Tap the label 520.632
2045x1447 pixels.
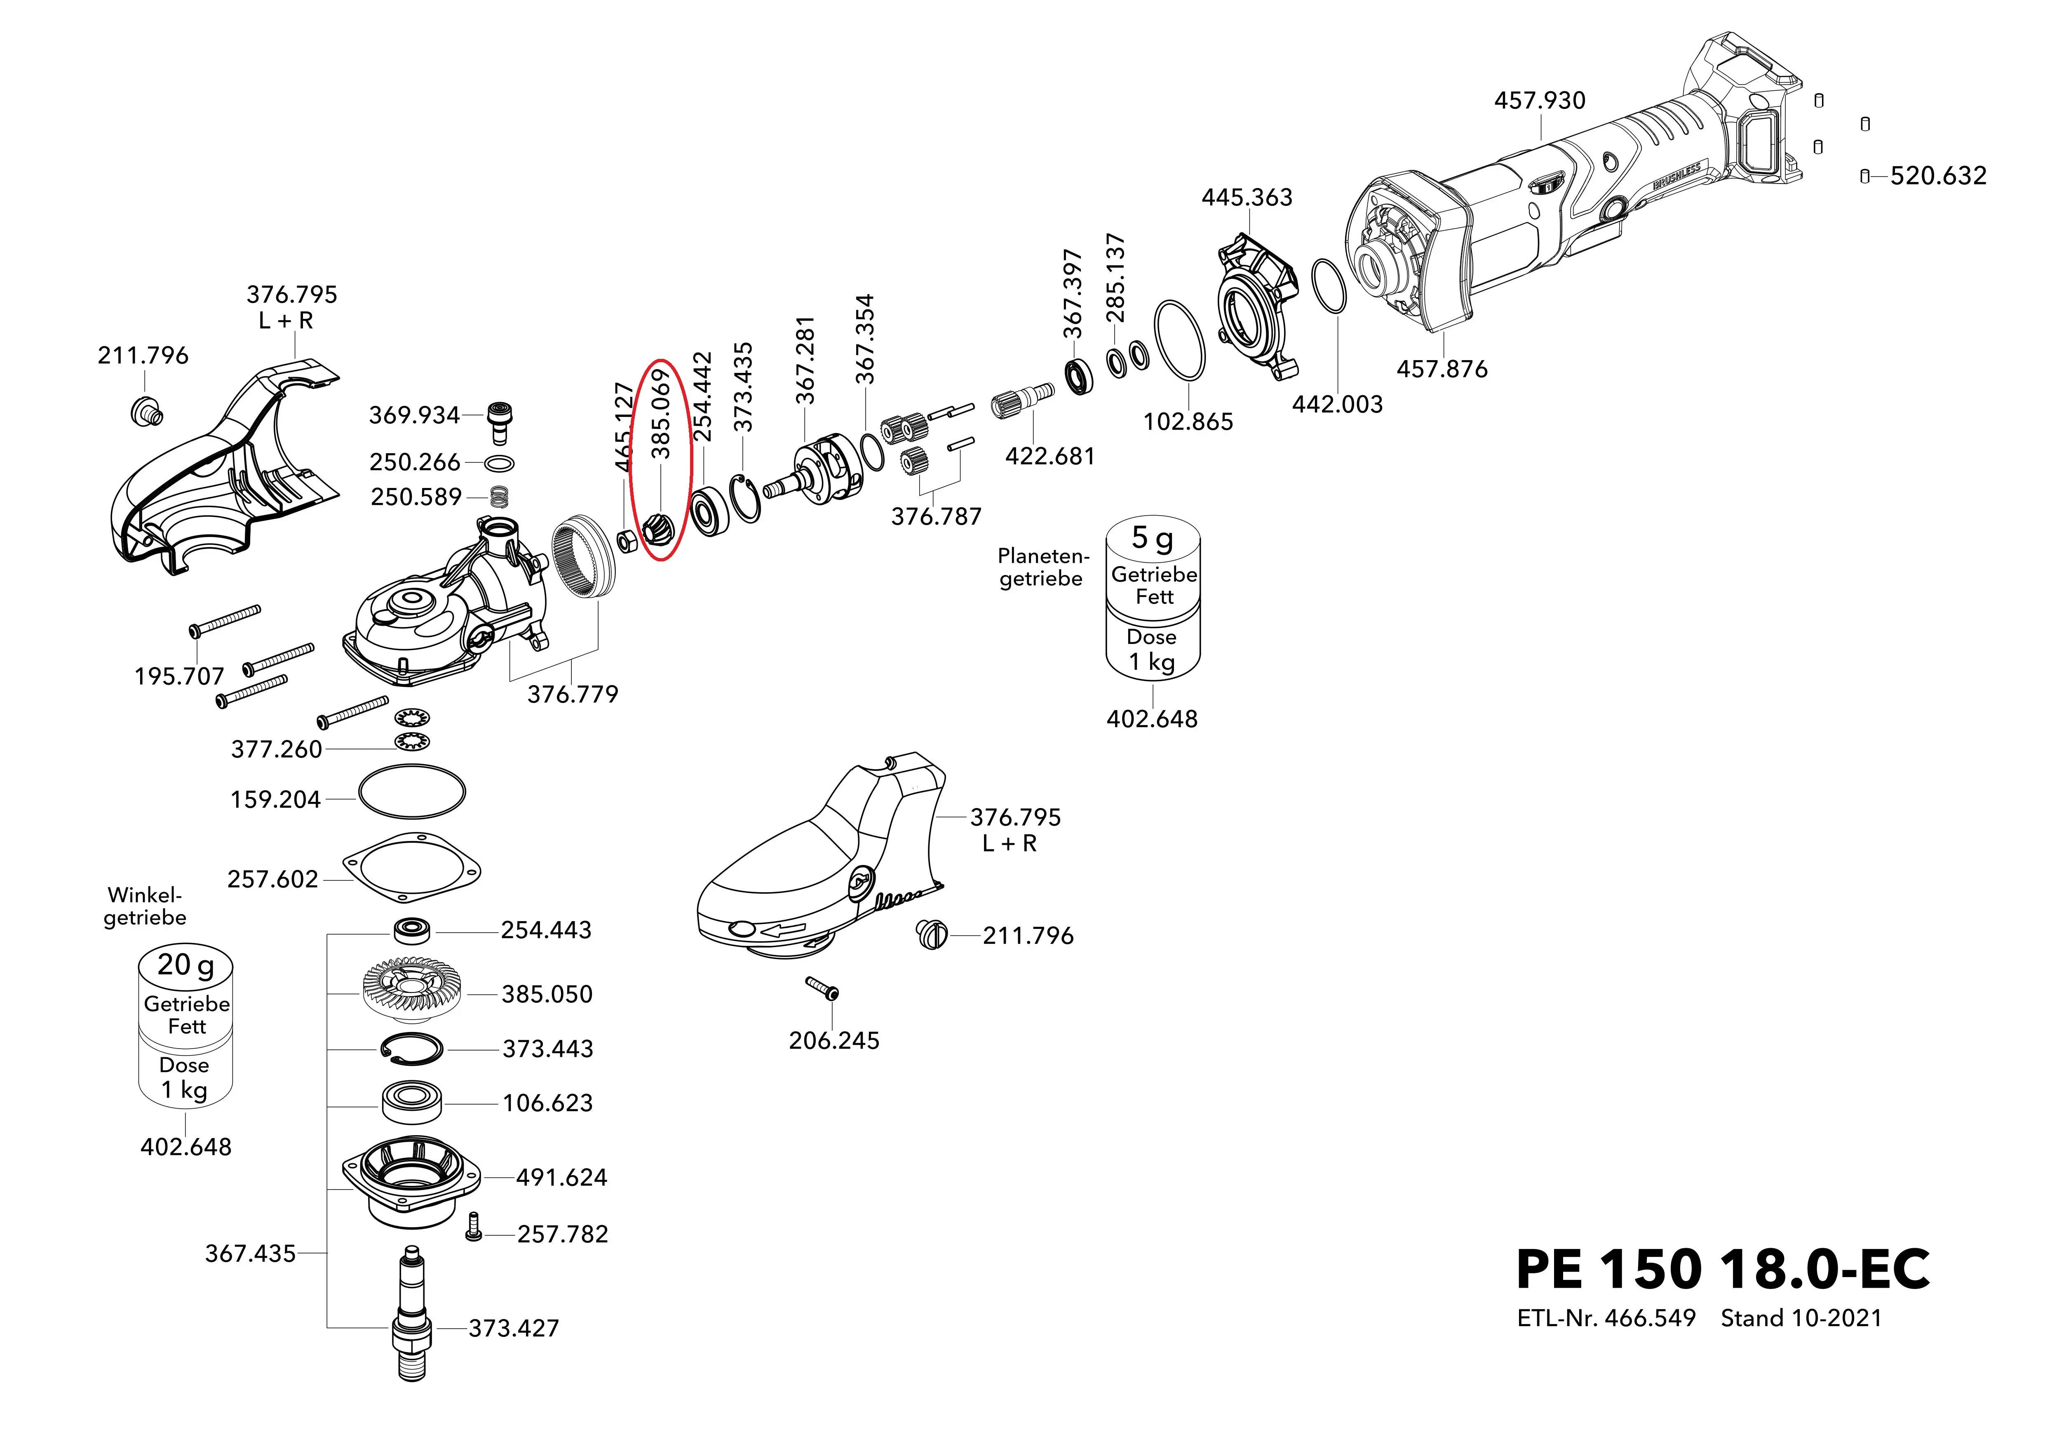[x=1938, y=176]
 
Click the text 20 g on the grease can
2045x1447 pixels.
[x=185, y=965]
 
